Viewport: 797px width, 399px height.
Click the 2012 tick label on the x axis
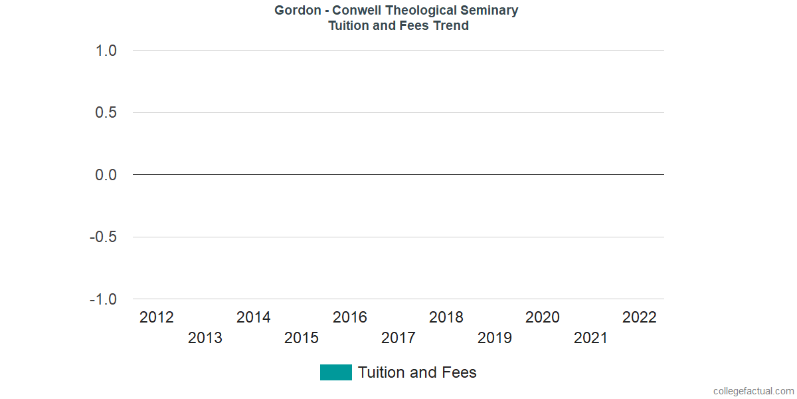coord(157,317)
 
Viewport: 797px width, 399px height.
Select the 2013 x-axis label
coord(205,338)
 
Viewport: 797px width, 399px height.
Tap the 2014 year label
coord(254,317)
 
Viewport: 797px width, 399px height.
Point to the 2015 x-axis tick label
coord(302,338)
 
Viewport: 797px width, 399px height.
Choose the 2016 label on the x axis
coord(350,317)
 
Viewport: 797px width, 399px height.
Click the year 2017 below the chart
coord(398,338)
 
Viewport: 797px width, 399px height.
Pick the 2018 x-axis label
coord(446,317)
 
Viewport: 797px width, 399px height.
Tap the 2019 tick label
coord(495,338)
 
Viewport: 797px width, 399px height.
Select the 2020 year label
coord(543,317)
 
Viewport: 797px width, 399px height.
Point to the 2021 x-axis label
coord(591,338)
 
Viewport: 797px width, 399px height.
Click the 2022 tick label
coord(640,317)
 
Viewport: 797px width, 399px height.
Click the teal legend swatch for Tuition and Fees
coord(335,372)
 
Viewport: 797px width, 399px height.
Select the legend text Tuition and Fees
coord(417,372)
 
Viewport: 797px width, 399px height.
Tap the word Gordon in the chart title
coord(296,11)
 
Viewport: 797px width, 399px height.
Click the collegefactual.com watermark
coord(753,391)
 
